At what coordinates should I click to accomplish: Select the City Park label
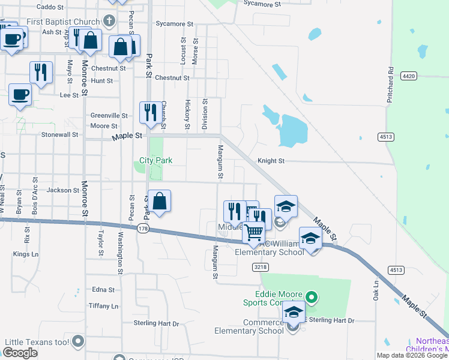tap(155, 160)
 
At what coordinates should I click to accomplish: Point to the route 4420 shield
tap(409, 76)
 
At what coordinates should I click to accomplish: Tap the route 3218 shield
tap(260, 266)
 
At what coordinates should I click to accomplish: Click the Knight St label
tap(271, 161)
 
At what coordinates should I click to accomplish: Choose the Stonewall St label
tap(59, 135)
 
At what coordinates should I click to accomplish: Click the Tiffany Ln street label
tap(103, 306)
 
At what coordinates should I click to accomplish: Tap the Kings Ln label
tap(25, 254)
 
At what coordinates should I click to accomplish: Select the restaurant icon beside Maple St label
tap(149, 112)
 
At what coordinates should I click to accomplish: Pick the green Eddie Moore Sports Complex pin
tap(311, 296)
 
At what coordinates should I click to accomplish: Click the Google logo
tap(20, 353)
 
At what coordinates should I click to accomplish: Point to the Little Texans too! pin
tap(78, 342)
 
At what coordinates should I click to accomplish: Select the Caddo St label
tap(50, 7)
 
